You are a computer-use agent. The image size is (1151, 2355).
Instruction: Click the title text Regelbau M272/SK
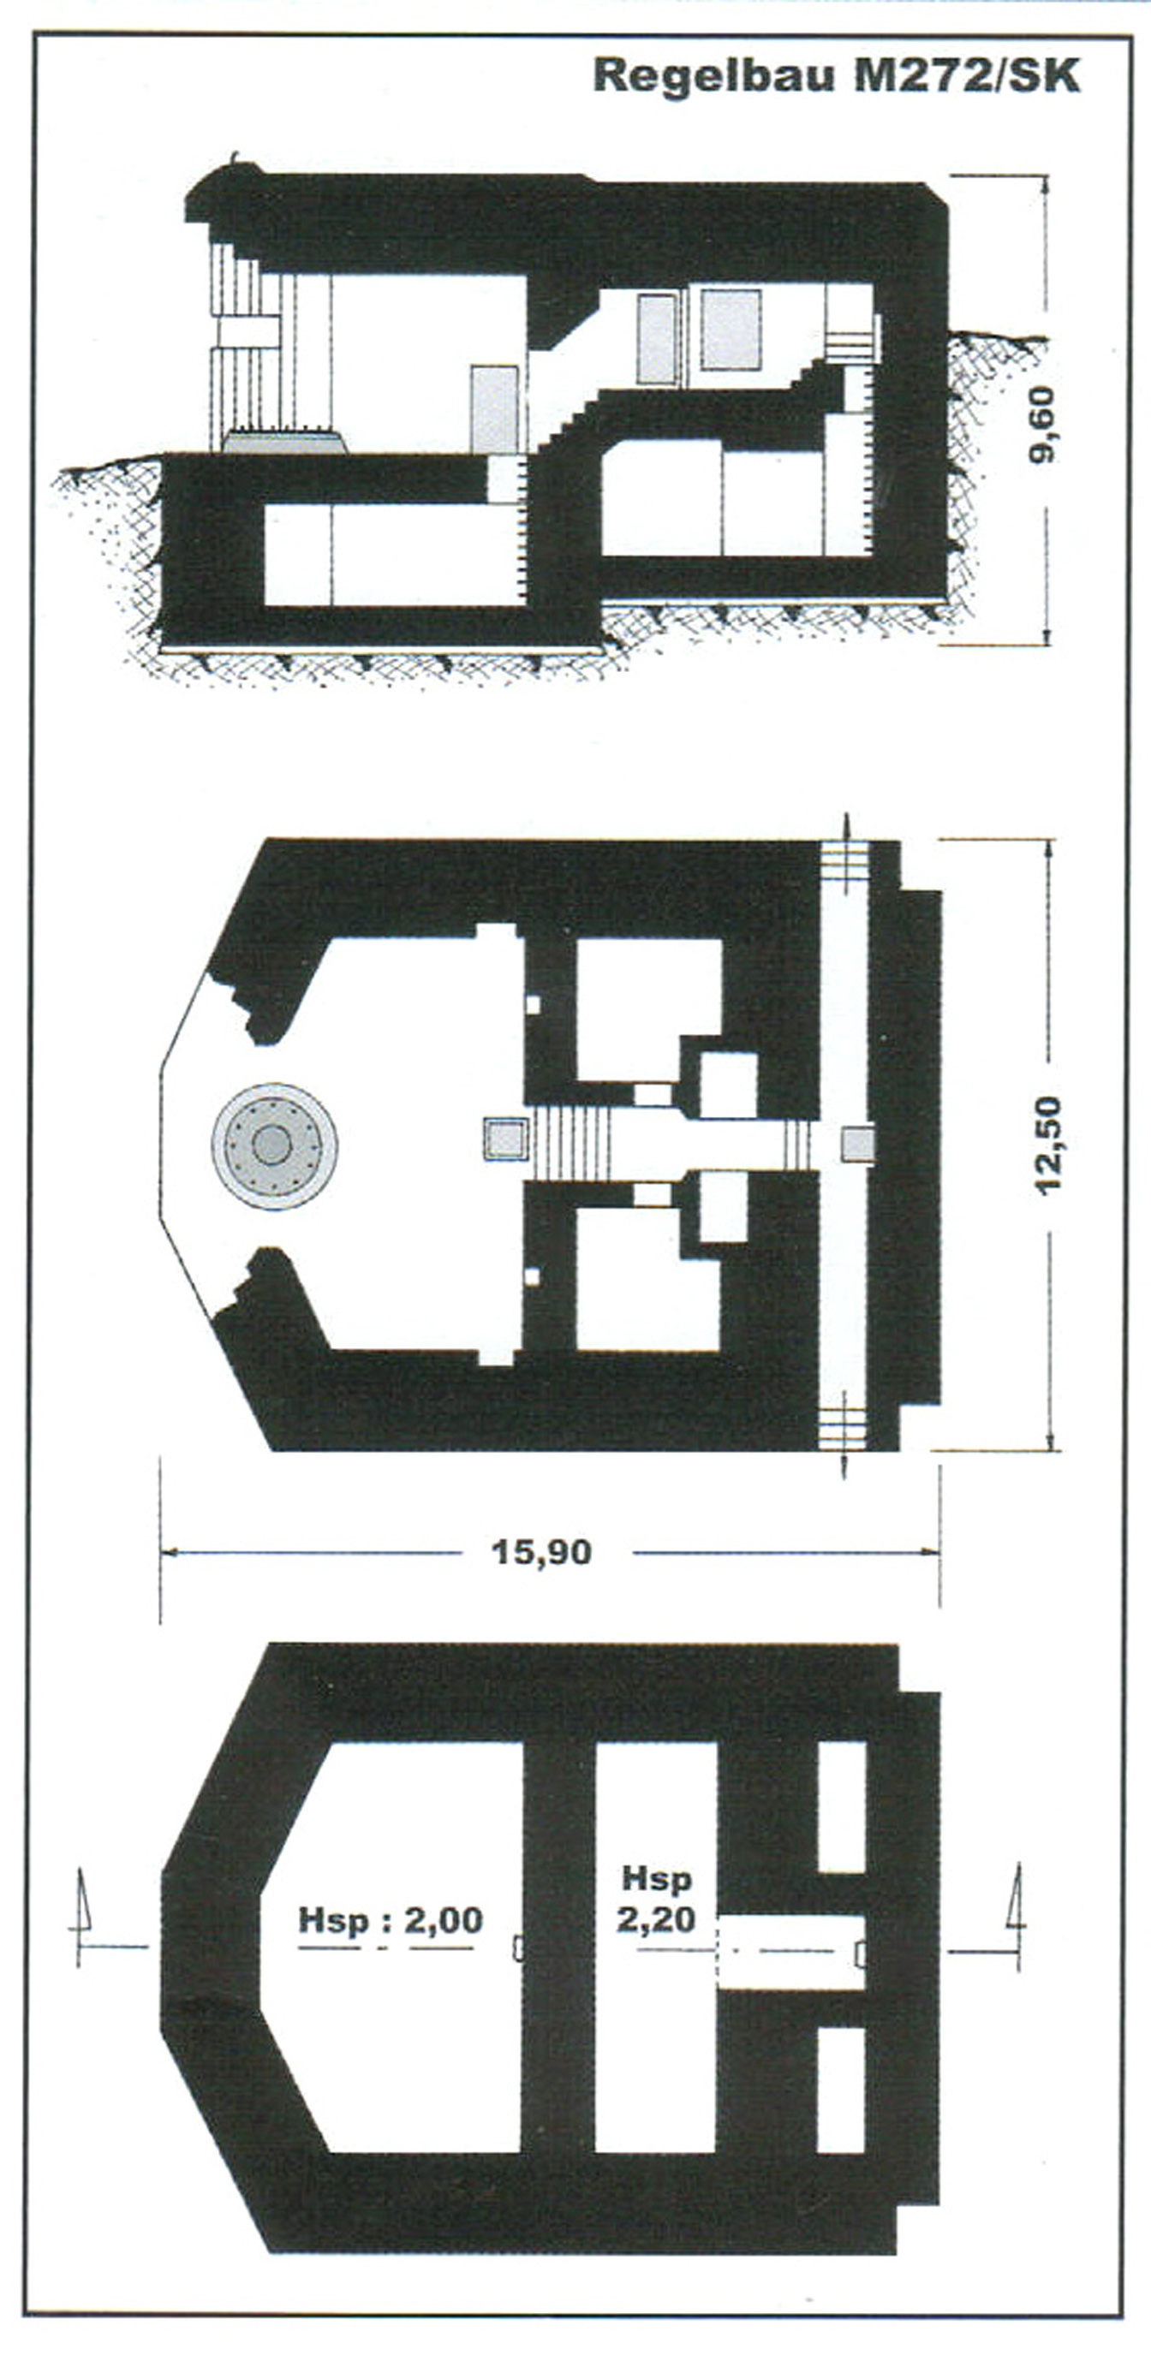(837, 76)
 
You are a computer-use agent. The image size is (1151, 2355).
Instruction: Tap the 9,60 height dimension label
(1041, 425)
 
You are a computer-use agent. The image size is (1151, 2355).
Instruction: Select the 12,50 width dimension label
(1047, 1143)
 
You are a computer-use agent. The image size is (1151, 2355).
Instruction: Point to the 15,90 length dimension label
(542, 1551)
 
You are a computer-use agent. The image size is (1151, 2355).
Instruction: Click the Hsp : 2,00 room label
(391, 1919)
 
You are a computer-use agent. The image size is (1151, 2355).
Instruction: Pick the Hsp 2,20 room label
(656, 1900)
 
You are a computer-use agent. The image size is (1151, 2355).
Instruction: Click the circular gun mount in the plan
(274, 1145)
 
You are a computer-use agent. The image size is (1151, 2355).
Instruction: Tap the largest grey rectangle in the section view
(731, 329)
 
